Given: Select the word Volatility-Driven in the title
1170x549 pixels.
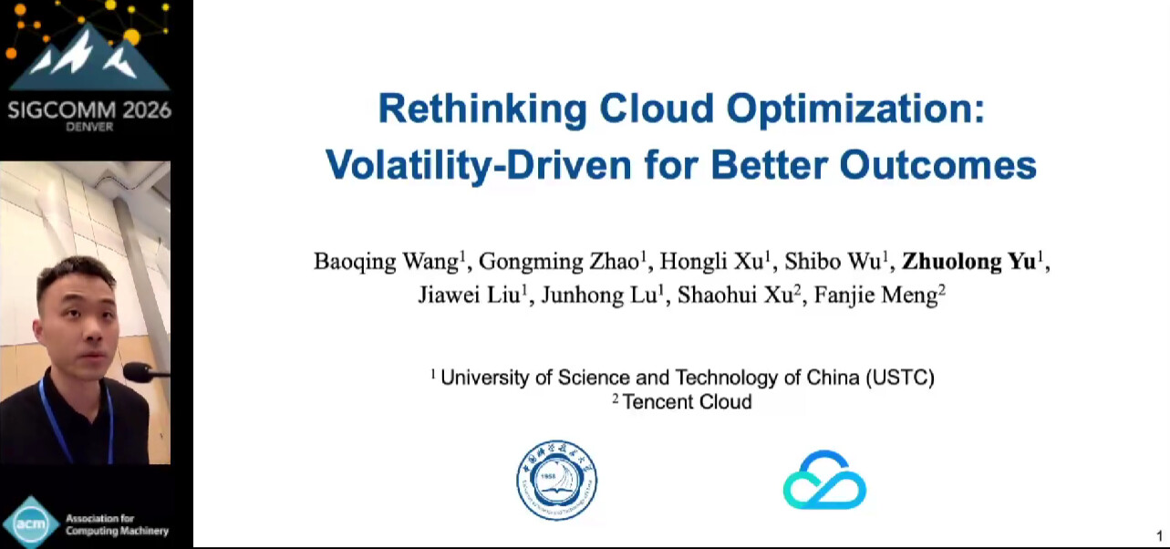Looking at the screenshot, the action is click(479, 166).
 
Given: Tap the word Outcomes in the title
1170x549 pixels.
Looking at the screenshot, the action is click(937, 164).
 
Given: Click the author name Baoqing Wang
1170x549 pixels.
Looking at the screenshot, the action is click(386, 262).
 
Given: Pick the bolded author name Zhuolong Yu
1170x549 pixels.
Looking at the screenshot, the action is click(968, 261).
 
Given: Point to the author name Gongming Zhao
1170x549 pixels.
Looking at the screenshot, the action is click(559, 262).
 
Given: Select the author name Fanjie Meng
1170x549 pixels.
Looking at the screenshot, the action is click(876, 295).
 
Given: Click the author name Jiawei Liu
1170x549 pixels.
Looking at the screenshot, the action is click(469, 295).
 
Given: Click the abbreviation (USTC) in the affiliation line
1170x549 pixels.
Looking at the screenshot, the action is click(900, 378).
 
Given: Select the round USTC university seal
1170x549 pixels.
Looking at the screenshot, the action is click(557, 480).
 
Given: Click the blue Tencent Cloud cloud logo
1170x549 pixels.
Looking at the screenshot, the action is click(824, 480).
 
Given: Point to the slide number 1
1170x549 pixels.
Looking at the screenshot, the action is click(1159, 536).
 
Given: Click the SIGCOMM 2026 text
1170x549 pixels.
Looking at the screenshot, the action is click(89, 110).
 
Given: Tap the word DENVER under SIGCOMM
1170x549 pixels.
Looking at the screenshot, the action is click(89, 127).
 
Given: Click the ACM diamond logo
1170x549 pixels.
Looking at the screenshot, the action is click(31, 523).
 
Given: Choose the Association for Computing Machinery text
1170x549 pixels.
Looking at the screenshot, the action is click(117, 524).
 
